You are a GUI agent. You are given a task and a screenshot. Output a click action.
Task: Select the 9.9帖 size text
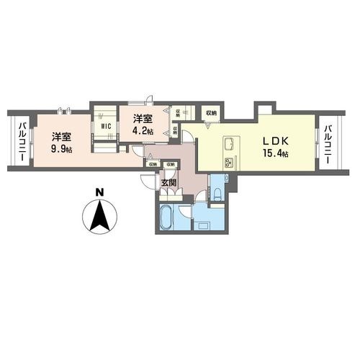coord(60,149)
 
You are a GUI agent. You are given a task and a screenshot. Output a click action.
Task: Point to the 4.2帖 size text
coord(142,132)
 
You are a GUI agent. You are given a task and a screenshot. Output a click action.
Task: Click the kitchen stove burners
coord(230,161)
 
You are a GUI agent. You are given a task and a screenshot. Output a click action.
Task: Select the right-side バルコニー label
coord(328,144)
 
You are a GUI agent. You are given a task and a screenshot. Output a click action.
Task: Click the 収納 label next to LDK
coord(211,113)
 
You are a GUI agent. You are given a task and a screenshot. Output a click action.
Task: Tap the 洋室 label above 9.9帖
coord(60,135)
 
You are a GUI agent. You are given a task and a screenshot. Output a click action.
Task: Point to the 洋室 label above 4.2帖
coord(142,119)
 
